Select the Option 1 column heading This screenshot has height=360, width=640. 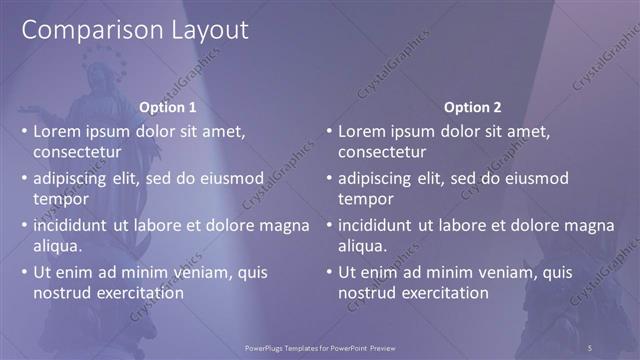point(167,107)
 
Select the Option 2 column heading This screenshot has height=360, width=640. point(472,107)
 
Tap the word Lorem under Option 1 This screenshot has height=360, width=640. point(59,131)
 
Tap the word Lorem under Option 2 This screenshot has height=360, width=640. point(363,131)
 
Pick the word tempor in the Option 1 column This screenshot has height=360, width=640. point(61,199)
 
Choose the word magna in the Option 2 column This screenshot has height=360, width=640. point(589,225)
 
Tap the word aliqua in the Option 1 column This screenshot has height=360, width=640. point(57,246)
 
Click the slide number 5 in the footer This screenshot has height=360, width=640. point(590,347)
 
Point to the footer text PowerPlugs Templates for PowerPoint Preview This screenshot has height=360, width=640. point(319,347)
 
